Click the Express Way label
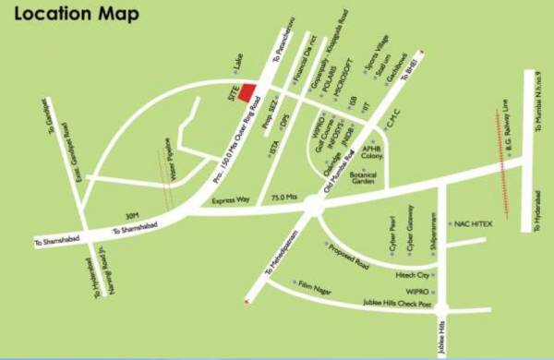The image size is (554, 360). pyautogui.click(x=231, y=200)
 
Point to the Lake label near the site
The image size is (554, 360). pyautogui.click(x=236, y=64)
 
